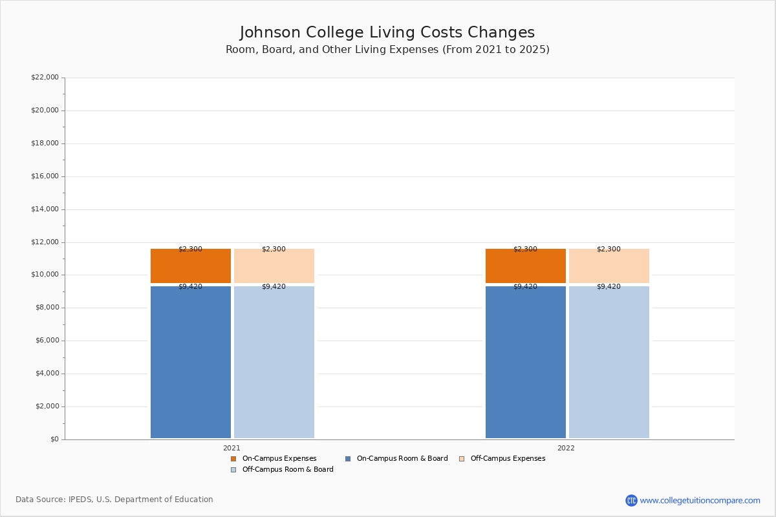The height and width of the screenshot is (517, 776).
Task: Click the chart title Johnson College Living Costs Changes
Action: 387,32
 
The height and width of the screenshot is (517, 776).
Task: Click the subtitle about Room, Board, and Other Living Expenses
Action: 387,50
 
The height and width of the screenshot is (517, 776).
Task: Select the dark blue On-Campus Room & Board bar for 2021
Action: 191,362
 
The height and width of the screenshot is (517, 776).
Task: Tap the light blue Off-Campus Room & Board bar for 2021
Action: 274,362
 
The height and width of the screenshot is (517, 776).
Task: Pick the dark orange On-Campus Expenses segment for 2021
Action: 191,266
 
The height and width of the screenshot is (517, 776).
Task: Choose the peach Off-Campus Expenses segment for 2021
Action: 274,266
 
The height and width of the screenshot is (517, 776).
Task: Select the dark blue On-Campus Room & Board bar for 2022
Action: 526,362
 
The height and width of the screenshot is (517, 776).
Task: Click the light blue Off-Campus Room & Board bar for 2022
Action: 609,362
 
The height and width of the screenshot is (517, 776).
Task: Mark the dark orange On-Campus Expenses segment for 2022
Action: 526,266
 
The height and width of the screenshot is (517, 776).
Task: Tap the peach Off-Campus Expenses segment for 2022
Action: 609,266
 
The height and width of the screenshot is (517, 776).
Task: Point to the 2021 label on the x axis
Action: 232,448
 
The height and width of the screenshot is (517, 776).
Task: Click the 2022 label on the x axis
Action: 566,448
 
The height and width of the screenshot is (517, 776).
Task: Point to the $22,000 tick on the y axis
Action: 45,78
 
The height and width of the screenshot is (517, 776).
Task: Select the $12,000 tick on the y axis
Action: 45,242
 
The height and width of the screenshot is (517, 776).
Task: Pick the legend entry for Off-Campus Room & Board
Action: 287,470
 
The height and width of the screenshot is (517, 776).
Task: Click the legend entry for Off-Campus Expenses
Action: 507,459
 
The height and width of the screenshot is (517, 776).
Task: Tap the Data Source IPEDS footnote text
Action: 114,500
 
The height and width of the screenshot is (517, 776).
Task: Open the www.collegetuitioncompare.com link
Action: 700,500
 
